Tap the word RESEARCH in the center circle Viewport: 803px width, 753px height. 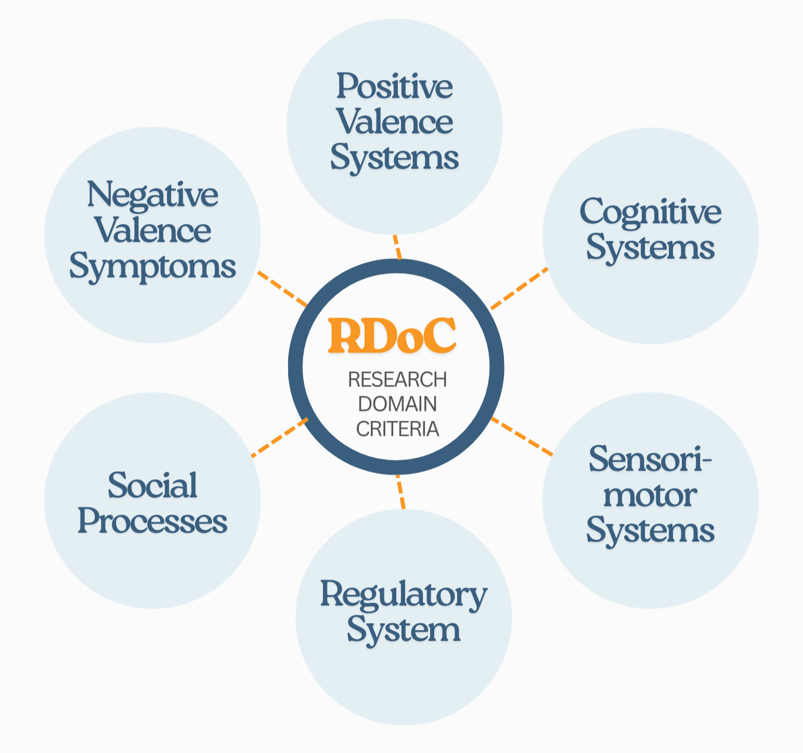click(x=397, y=380)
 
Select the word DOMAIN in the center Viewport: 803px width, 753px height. click(x=397, y=405)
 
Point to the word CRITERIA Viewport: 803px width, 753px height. click(x=397, y=429)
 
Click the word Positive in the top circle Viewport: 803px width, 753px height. click(x=394, y=86)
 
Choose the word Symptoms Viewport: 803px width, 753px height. click(x=152, y=267)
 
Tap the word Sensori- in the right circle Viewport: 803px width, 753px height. click(x=650, y=460)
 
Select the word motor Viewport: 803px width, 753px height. click(x=650, y=496)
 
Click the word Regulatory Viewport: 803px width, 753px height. click(x=404, y=595)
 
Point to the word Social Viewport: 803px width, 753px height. click(x=152, y=486)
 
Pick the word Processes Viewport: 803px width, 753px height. click(x=152, y=521)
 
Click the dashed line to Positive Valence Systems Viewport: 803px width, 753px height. click(x=397, y=247)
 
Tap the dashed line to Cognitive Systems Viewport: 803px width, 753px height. click(x=519, y=288)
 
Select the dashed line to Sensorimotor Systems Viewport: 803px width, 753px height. click(x=522, y=436)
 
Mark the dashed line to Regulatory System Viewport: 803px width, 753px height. click(x=400, y=492)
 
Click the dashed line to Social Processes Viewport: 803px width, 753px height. click(x=280, y=437)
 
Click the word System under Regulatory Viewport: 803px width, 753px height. click(x=404, y=630)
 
